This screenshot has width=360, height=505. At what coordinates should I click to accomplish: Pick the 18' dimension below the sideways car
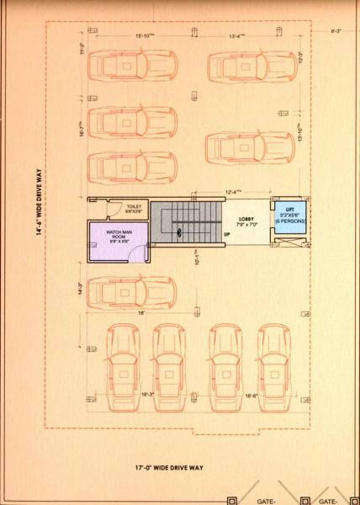pyautogui.click(x=142, y=312)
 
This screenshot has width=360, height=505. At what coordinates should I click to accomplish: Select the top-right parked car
pyautogui.click(x=244, y=66)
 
